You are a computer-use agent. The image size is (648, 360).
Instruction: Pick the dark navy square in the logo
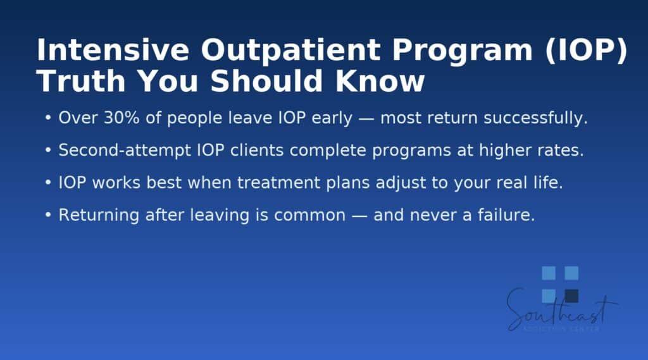[571, 295]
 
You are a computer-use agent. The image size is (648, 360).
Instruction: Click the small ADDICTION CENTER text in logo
[562, 328]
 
